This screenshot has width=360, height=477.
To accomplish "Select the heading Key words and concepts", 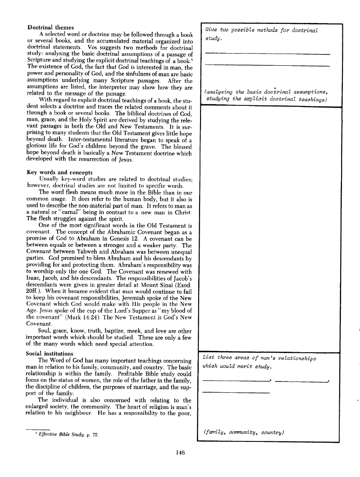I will tap(60, 172).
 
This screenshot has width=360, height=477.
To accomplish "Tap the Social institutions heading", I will tap(50, 341).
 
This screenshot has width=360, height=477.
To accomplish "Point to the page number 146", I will tap(179, 453).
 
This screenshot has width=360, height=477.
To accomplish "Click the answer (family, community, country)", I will tap(243, 432).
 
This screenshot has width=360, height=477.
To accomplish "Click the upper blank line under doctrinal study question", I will tap(267, 54).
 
